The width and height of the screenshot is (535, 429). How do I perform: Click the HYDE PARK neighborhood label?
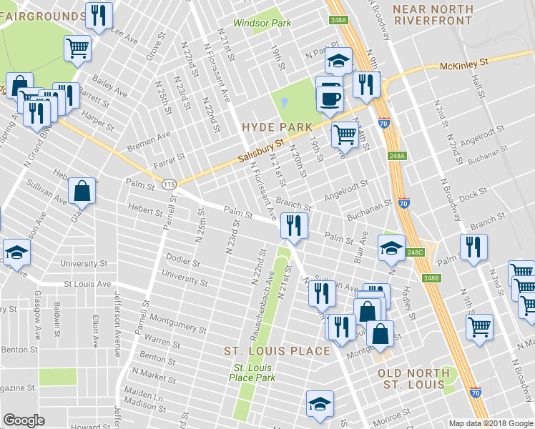[x=277, y=127]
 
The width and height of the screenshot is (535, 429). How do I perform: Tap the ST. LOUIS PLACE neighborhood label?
[x=277, y=351]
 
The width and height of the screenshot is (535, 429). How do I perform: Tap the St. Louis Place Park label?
[x=252, y=373]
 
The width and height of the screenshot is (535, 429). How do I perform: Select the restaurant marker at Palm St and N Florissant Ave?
[x=294, y=225]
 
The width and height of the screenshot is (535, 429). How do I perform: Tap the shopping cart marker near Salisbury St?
[x=345, y=133]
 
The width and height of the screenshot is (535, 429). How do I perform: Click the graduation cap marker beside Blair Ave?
[x=391, y=247]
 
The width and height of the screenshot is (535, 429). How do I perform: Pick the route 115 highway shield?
[x=169, y=184]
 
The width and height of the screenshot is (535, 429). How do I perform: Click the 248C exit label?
[x=416, y=252]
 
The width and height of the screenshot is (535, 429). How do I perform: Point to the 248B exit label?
[x=431, y=278]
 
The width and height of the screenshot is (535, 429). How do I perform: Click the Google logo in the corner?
[x=24, y=420]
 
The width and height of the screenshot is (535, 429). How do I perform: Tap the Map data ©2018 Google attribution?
[x=491, y=423]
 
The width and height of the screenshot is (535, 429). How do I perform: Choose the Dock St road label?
[x=473, y=192]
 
